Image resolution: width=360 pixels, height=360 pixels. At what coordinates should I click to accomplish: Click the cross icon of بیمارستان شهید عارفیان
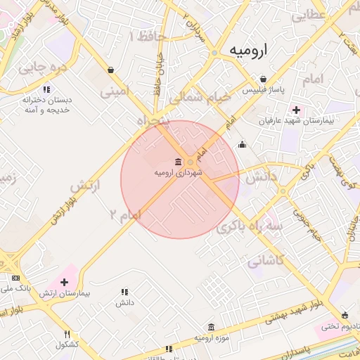coord(296,110)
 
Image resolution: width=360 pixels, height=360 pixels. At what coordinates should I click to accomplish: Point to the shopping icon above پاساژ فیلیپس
coord(262,79)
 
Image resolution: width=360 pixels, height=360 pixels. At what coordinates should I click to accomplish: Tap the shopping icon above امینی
coord(111,70)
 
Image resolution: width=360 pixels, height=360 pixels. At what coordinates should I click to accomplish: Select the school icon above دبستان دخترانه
coord(46,89)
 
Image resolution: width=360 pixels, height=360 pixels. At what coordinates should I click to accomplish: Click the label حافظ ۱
coord(149,37)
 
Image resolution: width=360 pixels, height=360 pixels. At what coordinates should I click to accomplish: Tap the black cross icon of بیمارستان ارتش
coord(65,281)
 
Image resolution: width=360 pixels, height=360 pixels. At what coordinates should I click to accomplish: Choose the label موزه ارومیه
coord(212,339)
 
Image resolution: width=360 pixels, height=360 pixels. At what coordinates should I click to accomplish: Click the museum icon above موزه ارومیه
coord(212,328)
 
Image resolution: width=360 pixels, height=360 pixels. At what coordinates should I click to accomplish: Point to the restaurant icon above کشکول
coord(67,335)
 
